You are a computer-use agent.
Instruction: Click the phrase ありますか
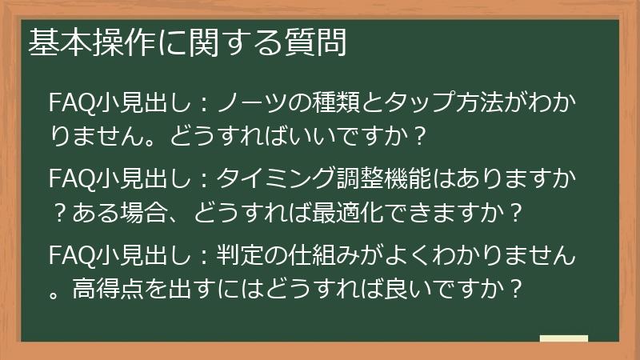coord(518,177)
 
